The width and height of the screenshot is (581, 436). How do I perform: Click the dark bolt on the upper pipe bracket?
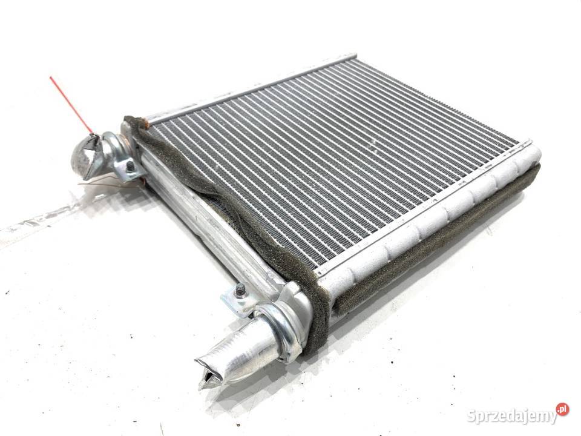130,167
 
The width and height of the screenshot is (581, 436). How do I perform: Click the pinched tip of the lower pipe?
208,371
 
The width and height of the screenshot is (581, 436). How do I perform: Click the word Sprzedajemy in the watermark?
512,415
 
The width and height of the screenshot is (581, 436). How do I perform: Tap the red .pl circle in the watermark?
562,409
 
